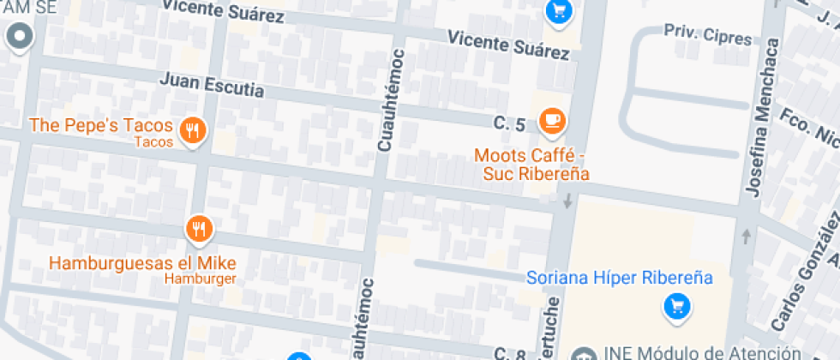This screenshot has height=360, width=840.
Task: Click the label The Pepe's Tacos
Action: (x=100, y=125)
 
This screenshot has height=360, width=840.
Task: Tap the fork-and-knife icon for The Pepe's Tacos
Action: (x=195, y=131)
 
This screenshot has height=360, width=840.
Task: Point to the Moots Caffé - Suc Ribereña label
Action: (x=532, y=165)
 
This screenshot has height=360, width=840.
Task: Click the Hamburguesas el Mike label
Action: (x=142, y=262)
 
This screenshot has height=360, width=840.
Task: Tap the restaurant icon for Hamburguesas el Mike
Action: (x=199, y=228)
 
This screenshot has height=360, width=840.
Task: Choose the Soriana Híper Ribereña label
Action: (x=620, y=278)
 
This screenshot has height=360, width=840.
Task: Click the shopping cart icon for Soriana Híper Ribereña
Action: (x=676, y=305)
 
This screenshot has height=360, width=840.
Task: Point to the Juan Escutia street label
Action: (x=212, y=86)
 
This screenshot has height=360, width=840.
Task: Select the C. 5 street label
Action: (x=509, y=124)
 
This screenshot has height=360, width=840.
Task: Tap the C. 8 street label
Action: (x=509, y=353)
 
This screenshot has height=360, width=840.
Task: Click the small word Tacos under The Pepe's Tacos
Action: (x=154, y=141)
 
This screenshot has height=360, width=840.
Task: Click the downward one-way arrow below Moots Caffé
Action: (x=567, y=202)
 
